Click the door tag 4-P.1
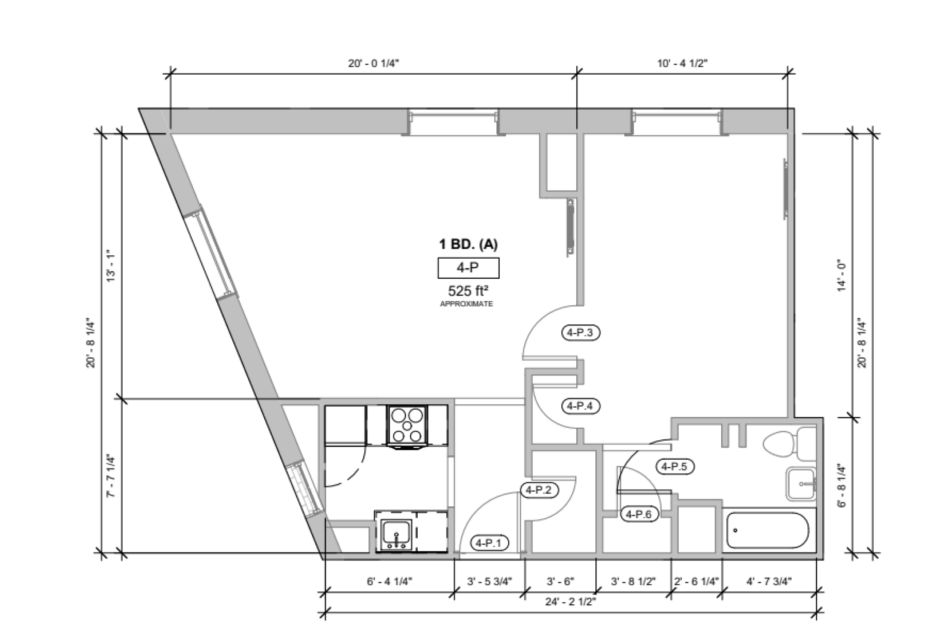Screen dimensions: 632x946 tap(490, 543)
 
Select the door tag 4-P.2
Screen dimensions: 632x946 tap(539, 490)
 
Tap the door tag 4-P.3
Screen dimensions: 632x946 tap(580, 332)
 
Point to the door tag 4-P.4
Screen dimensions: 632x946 tap(580, 406)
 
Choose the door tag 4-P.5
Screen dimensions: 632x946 tap(674, 466)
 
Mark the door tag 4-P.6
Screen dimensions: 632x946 tap(639, 514)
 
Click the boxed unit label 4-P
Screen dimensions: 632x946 tap(468, 268)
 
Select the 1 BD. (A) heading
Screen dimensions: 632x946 tap(468, 244)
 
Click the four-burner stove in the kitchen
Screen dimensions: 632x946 tap(407, 425)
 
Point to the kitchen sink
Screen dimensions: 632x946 tap(395, 532)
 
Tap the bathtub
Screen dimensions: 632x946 tap(767, 530)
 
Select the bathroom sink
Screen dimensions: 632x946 tap(801, 484)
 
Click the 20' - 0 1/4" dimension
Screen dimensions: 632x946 tap(373, 63)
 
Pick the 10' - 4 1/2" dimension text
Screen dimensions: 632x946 tap(682, 63)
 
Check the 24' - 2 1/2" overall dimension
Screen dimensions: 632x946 tap(570, 601)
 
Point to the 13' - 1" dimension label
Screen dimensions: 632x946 tap(111, 266)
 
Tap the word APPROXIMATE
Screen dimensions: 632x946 tap(466, 304)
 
